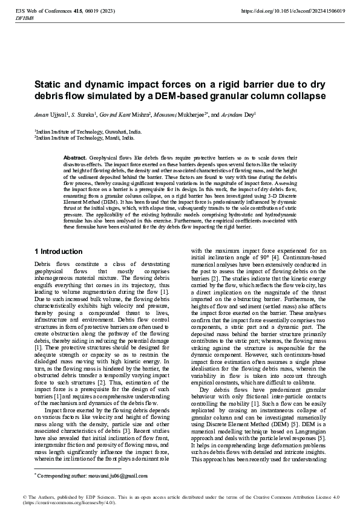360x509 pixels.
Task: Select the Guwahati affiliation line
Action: (88, 131)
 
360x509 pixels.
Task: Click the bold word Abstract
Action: (75, 157)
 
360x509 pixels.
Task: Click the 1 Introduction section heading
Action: (58, 251)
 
